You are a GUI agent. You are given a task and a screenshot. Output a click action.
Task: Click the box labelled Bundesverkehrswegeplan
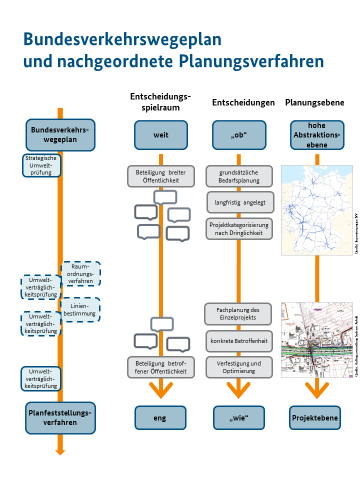60,135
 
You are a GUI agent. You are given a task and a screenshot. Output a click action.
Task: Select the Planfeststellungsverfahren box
60,418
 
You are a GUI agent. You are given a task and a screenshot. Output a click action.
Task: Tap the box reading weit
161,135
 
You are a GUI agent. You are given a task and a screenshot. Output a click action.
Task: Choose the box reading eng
160,418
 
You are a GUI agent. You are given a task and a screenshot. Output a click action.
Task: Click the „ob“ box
238,135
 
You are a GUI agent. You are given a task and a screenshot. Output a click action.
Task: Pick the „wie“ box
238,418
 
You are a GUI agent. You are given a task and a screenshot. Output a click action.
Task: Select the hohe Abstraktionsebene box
317,135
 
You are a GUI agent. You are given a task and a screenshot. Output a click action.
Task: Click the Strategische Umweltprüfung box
41,165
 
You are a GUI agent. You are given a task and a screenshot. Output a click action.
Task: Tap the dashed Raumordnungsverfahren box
80,274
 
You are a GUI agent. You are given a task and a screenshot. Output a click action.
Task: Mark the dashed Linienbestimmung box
80,310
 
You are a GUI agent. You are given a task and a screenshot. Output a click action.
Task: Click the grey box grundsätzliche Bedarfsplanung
239,176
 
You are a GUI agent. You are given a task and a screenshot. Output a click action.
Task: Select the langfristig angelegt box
240,202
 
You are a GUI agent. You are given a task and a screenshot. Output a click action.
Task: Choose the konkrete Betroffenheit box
239,341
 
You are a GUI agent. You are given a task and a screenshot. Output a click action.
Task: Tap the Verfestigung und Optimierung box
239,367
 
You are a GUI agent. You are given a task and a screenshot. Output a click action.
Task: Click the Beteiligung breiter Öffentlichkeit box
160,176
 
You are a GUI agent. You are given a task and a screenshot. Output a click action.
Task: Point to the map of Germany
317,210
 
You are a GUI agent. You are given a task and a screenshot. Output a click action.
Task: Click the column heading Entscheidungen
243,102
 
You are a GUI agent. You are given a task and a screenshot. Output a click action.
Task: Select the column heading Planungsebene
314,102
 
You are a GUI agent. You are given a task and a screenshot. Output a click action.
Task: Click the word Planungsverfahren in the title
251,61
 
